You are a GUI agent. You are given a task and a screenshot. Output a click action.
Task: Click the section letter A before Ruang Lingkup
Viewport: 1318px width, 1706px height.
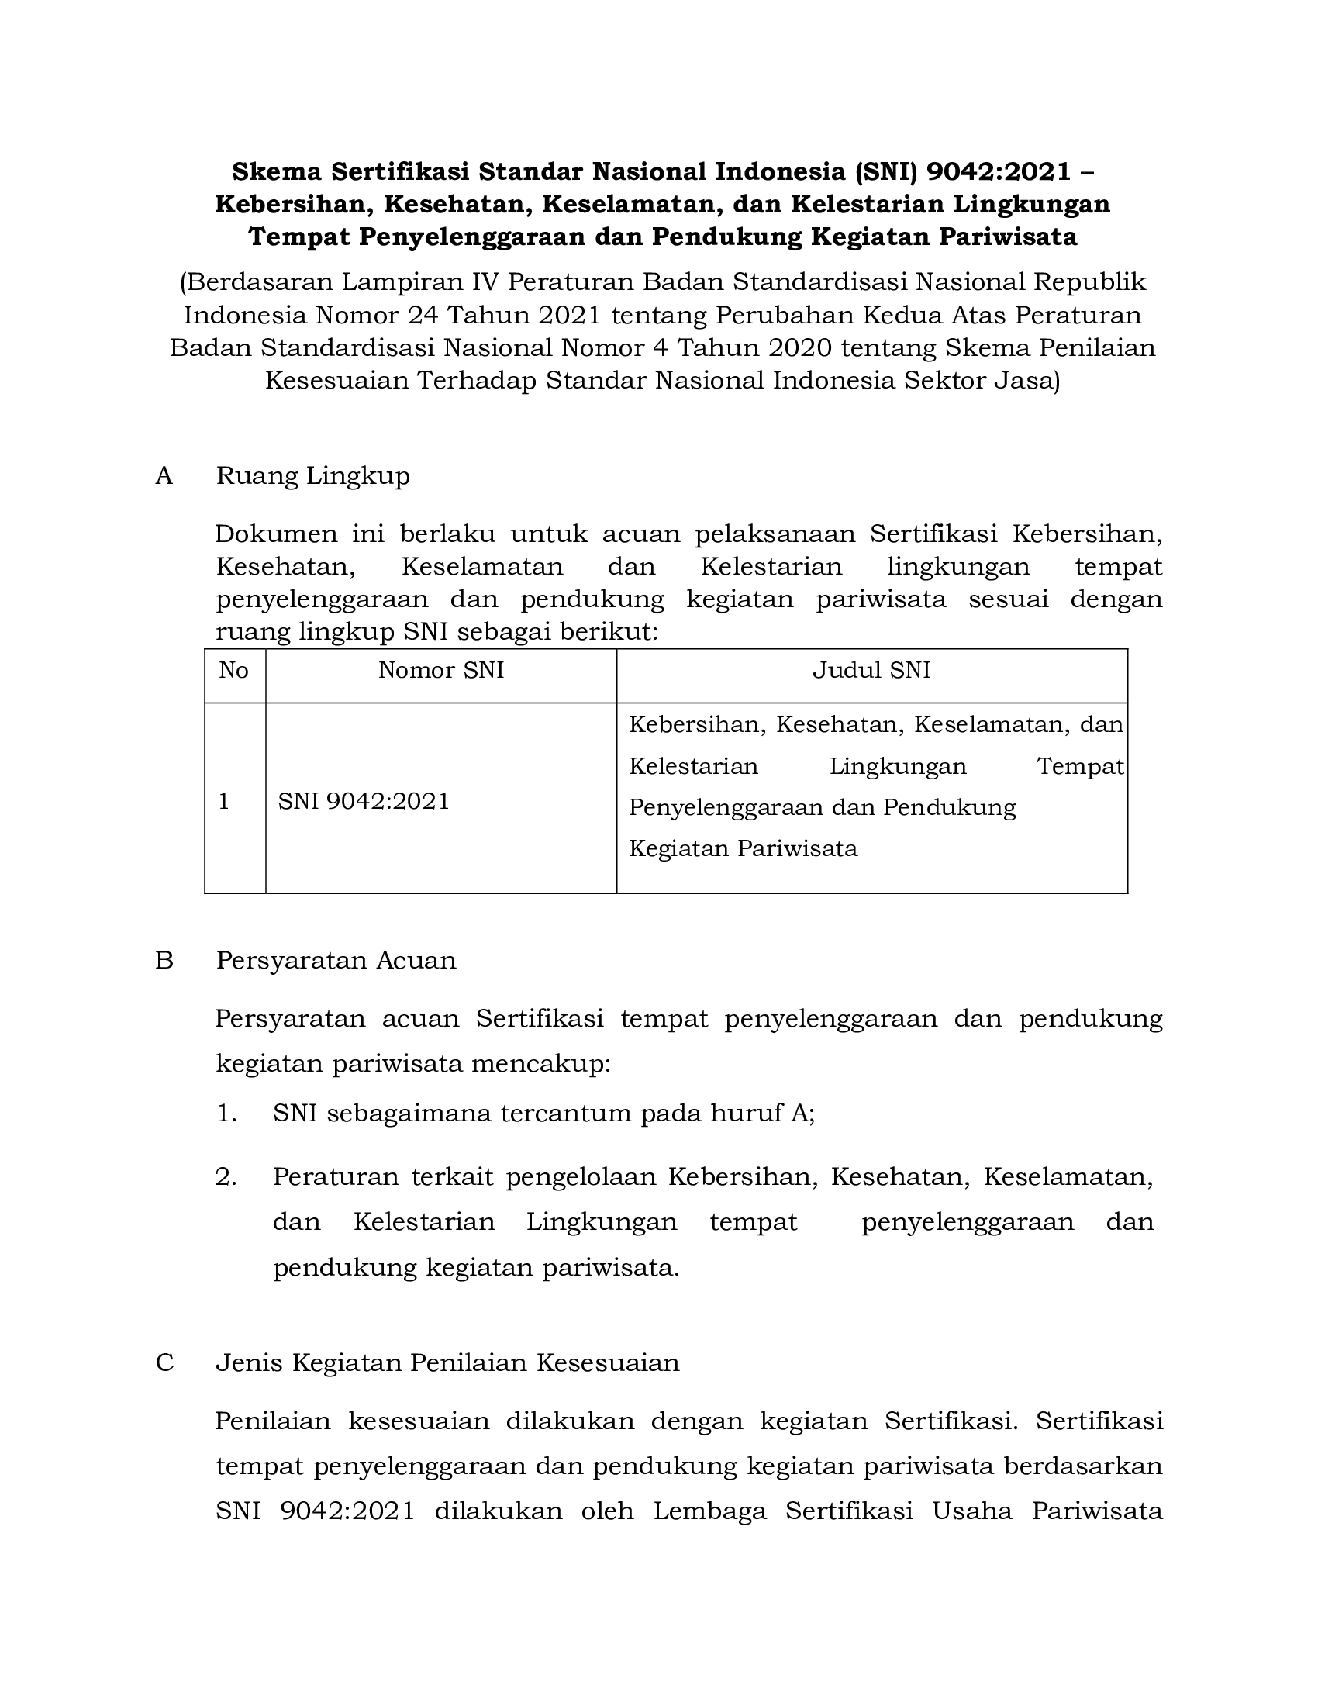(164, 475)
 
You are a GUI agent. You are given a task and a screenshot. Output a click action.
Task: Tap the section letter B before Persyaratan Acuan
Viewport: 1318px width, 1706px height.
(164, 960)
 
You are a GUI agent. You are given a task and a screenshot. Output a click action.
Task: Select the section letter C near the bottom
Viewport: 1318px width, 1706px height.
(164, 1363)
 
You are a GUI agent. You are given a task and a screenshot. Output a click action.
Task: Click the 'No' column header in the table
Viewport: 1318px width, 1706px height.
(234, 670)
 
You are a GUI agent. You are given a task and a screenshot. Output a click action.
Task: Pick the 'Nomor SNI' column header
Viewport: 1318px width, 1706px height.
(441, 670)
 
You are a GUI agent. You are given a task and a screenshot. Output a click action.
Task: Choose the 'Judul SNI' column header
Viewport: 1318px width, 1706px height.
(871, 670)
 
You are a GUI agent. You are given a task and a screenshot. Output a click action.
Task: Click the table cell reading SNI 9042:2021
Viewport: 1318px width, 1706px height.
(364, 802)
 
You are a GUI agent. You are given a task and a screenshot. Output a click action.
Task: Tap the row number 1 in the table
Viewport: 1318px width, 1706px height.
(224, 802)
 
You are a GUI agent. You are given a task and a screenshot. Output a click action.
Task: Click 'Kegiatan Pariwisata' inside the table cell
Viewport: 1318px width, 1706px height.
(743, 848)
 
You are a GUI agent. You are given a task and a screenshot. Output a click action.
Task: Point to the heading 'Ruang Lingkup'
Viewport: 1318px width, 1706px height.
(312, 475)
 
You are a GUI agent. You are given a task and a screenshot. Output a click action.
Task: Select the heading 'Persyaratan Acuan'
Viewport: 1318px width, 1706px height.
(336, 960)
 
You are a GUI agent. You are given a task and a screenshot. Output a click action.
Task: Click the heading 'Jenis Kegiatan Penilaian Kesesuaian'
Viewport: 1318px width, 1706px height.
(447, 1363)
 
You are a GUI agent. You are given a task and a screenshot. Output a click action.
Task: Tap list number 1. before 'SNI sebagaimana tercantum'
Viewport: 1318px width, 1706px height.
(226, 1113)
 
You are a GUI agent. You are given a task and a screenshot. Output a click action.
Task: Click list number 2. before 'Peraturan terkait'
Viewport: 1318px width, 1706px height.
(226, 1177)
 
